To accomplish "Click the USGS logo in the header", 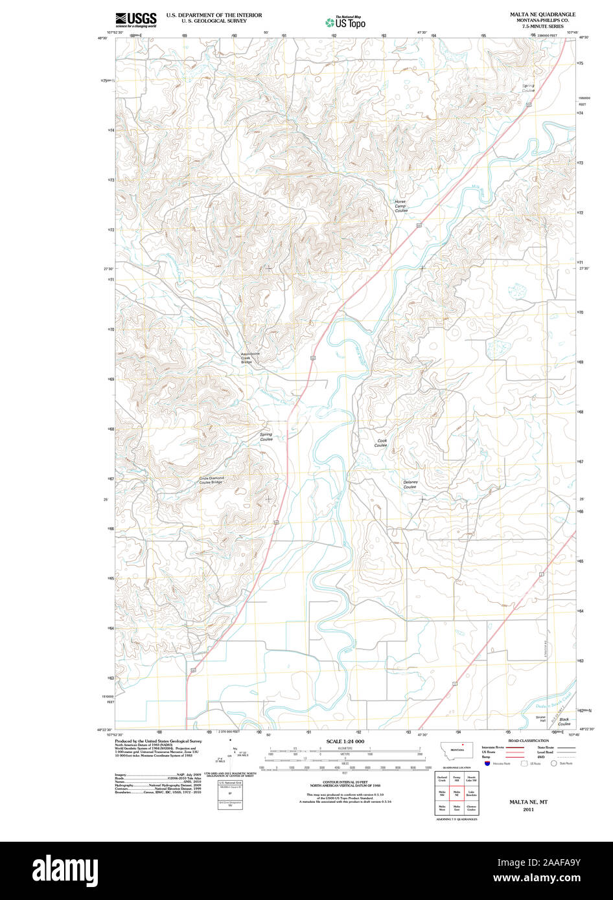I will (135, 19).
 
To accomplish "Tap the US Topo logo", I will (346, 22).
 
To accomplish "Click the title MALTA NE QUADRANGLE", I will (542, 14).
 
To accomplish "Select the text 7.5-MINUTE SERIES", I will (542, 27).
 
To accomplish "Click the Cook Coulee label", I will (381, 443).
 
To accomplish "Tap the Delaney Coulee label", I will (410, 484).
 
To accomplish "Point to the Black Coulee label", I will (564, 721).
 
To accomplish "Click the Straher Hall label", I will (542, 720).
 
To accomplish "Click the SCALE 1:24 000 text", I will (345, 741).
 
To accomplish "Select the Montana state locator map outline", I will (456, 750).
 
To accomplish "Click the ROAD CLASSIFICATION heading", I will (528, 740).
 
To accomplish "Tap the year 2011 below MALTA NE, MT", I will (528, 809).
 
